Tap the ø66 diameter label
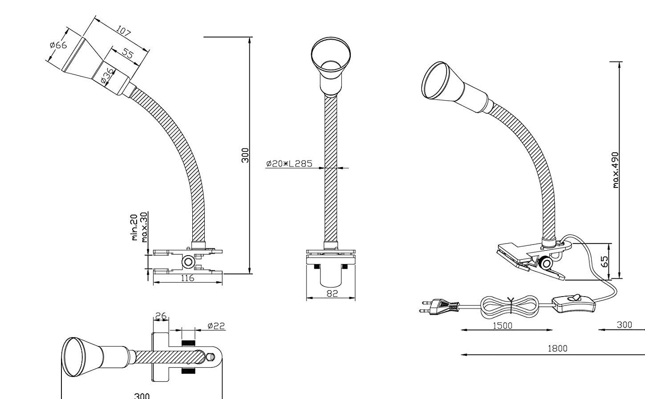click(x=58, y=45)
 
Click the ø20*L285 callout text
click(x=289, y=163)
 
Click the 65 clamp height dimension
click(x=604, y=261)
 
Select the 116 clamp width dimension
click(x=187, y=278)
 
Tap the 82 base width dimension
click(x=332, y=293)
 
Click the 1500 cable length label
click(x=503, y=326)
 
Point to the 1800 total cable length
click(x=557, y=349)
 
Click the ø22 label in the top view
click(x=216, y=326)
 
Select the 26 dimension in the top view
click(x=160, y=316)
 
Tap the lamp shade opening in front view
click(x=331, y=54)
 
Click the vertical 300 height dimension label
click(x=245, y=155)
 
